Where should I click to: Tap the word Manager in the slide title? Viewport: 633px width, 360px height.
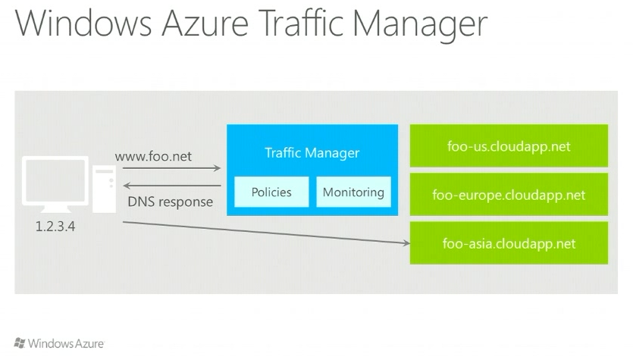pos(421,23)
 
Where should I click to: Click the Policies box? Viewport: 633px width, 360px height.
pos(271,193)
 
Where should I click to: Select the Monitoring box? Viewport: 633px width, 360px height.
pos(353,193)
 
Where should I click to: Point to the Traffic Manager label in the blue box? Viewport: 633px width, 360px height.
pos(312,153)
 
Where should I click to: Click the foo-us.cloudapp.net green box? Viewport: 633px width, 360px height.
pos(509,146)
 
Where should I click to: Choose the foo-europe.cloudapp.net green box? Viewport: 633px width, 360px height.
pos(509,195)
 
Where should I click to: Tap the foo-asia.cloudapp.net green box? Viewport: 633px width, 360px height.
pos(509,243)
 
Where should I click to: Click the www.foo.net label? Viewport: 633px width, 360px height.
pos(153,157)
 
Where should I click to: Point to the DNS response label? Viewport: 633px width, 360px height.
pos(170,202)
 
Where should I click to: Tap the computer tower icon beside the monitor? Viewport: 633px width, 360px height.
pos(103,190)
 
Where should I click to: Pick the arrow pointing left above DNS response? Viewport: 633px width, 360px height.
pos(171,185)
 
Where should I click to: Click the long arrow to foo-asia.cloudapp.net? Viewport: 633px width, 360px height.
pos(265,233)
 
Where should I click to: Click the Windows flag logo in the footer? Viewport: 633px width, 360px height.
pos(20,343)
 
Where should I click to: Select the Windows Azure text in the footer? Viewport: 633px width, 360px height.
pos(66,344)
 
